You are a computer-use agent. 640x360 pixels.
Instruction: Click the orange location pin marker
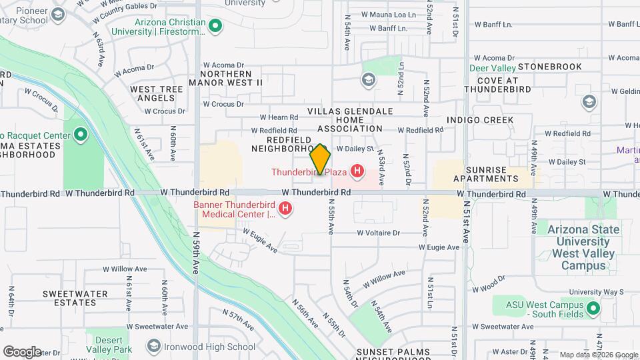click(x=321, y=159)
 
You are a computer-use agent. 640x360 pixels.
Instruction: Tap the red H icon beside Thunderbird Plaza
click(x=358, y=171)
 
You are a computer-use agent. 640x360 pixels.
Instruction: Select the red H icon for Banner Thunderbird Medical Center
click(x=285, y=209)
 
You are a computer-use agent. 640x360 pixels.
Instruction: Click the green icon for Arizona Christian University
click(x=215, y=26)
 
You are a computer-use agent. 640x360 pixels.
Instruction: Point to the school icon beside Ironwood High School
click(x=155, y=346)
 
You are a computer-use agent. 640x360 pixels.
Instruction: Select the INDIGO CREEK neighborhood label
click(x=480, y=120)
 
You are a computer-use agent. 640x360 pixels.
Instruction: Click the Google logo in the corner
click(x=22, y=352)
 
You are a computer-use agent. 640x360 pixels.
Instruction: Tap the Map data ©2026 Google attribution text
click(x=598, y=355)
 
